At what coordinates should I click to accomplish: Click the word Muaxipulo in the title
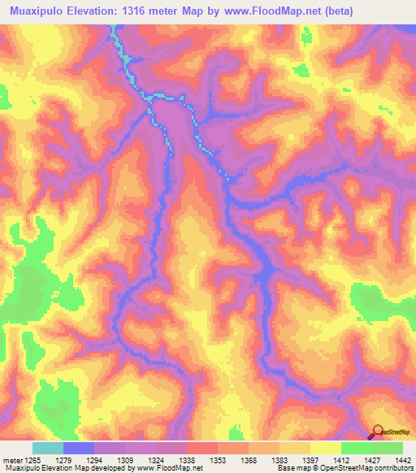[x=41, y=10]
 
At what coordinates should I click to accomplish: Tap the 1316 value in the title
[x=143, y=10]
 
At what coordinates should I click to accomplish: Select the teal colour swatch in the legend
[x=48, y=448]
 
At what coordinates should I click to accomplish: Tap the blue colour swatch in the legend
[x=79, y=448]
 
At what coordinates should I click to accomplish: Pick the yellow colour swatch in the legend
[x=326, y=448]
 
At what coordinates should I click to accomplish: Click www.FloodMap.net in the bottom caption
[x=169, y=468]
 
